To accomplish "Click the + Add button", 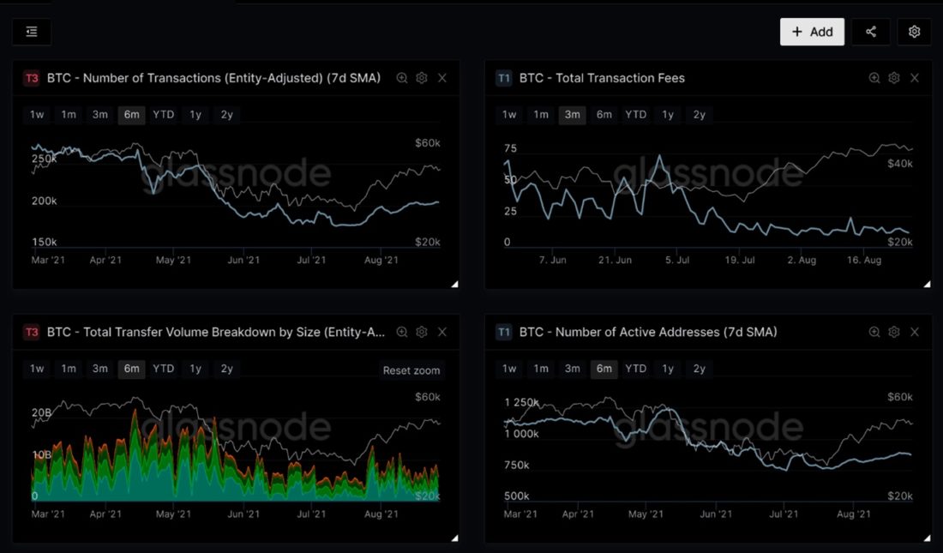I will (x=812, y=32).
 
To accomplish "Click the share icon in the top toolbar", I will (x=871, y=32).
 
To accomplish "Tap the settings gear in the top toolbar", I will (x=914, y=32).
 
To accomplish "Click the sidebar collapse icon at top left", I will (x=32, y=32).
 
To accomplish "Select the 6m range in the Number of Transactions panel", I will (x=131, y=115).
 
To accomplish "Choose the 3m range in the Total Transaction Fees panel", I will (x=572, y=115).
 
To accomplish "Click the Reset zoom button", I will (x=411, y=370).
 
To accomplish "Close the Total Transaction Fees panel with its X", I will (x=915, y=78).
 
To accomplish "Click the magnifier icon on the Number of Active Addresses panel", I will (x=874, y=332).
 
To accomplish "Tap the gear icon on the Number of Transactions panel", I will (x=422, y=78).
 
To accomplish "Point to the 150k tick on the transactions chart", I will (x=44, y=242).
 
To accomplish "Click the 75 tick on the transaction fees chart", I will (x=512, y=147).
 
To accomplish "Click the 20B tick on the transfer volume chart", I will (x=42, y=413).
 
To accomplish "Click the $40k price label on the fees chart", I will (x=899, y=163).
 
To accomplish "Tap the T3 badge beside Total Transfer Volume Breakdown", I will (x=32, y=332).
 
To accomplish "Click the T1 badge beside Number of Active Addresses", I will (x=504, y=332).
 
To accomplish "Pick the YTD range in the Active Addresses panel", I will (x=635, y=369).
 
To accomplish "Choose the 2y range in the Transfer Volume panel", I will (x=226, y=369).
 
